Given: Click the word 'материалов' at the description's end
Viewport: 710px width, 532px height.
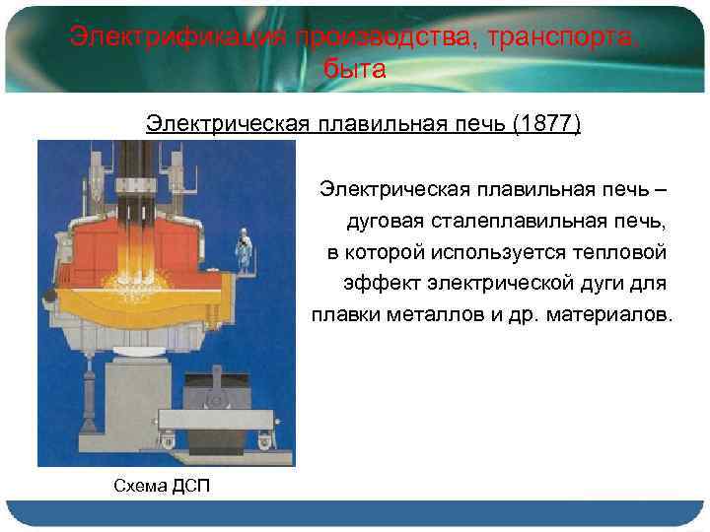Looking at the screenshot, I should point(605,316).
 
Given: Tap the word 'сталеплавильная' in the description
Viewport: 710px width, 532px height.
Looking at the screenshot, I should point(505,219).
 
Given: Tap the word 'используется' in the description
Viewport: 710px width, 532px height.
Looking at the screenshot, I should point(484,251).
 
